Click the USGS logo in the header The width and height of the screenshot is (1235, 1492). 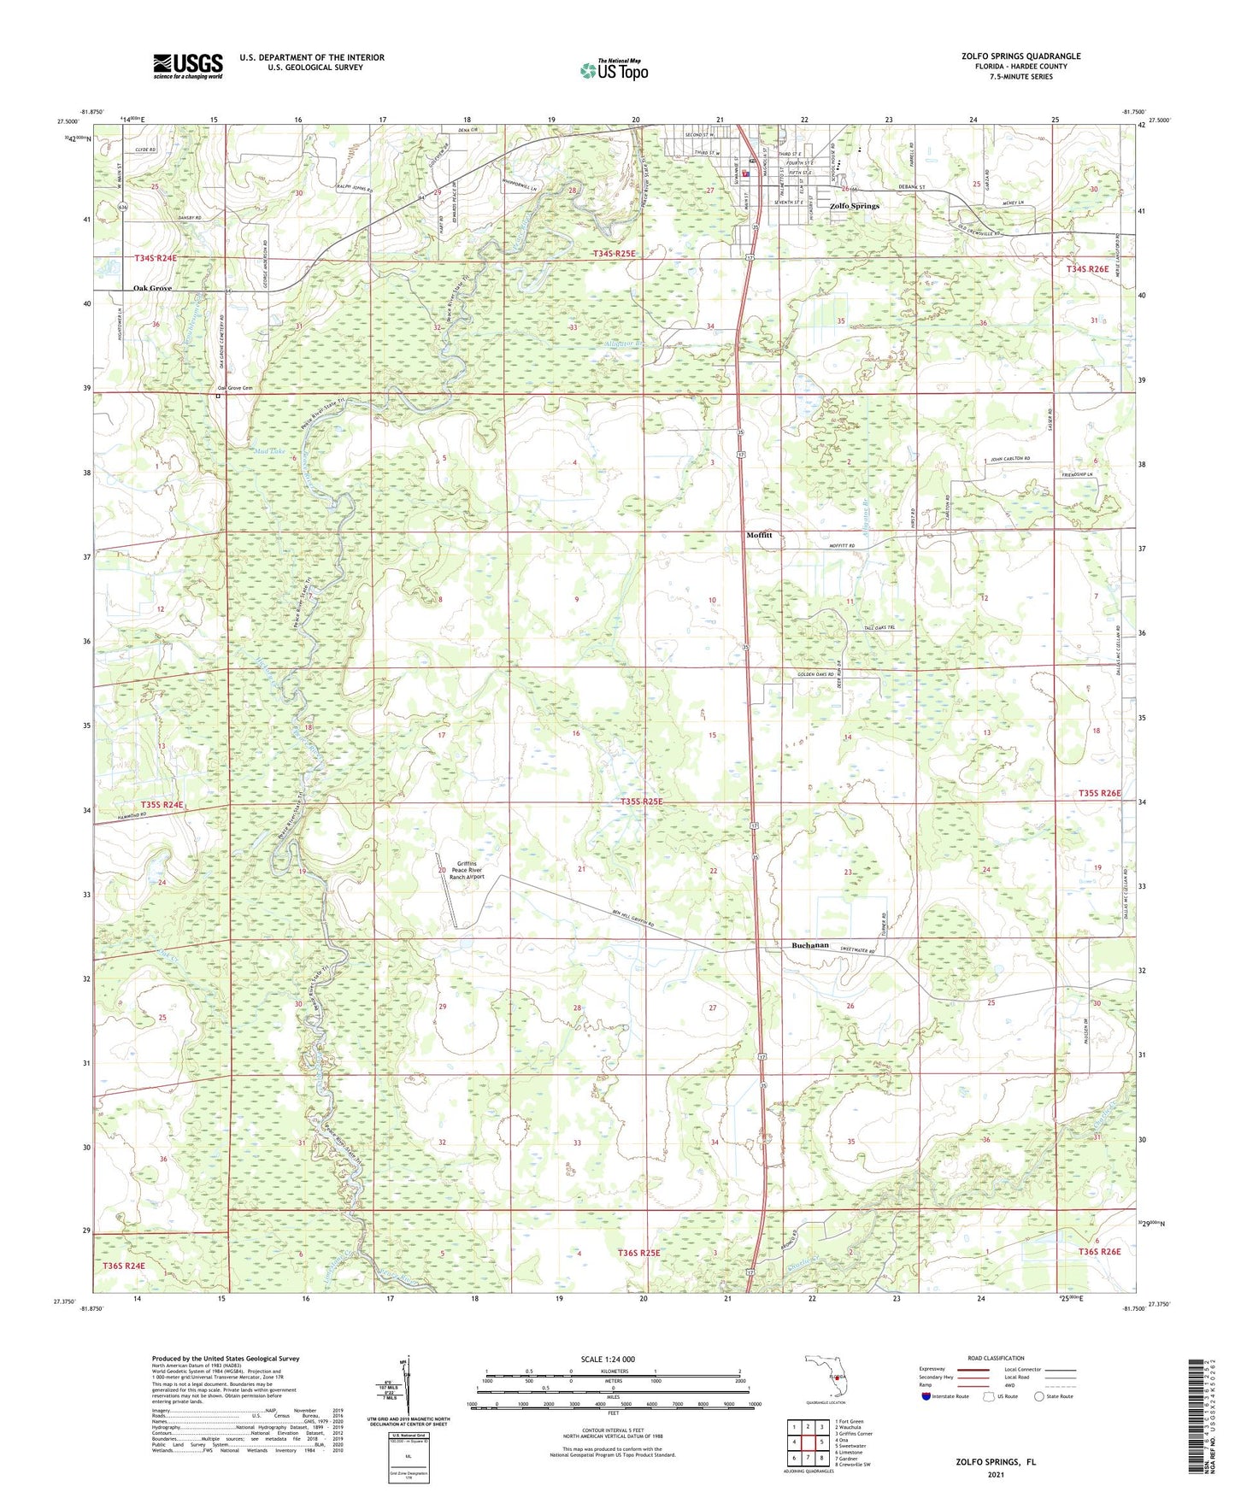coord(187,65)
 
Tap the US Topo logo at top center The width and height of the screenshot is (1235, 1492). coord(613,70)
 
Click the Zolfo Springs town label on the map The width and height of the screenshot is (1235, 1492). coord(854,206)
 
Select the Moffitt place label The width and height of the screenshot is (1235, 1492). coord(759,535)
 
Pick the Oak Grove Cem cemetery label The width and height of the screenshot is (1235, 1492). coord(236,389)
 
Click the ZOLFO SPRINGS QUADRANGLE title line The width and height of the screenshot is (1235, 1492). coord(1020,56)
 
